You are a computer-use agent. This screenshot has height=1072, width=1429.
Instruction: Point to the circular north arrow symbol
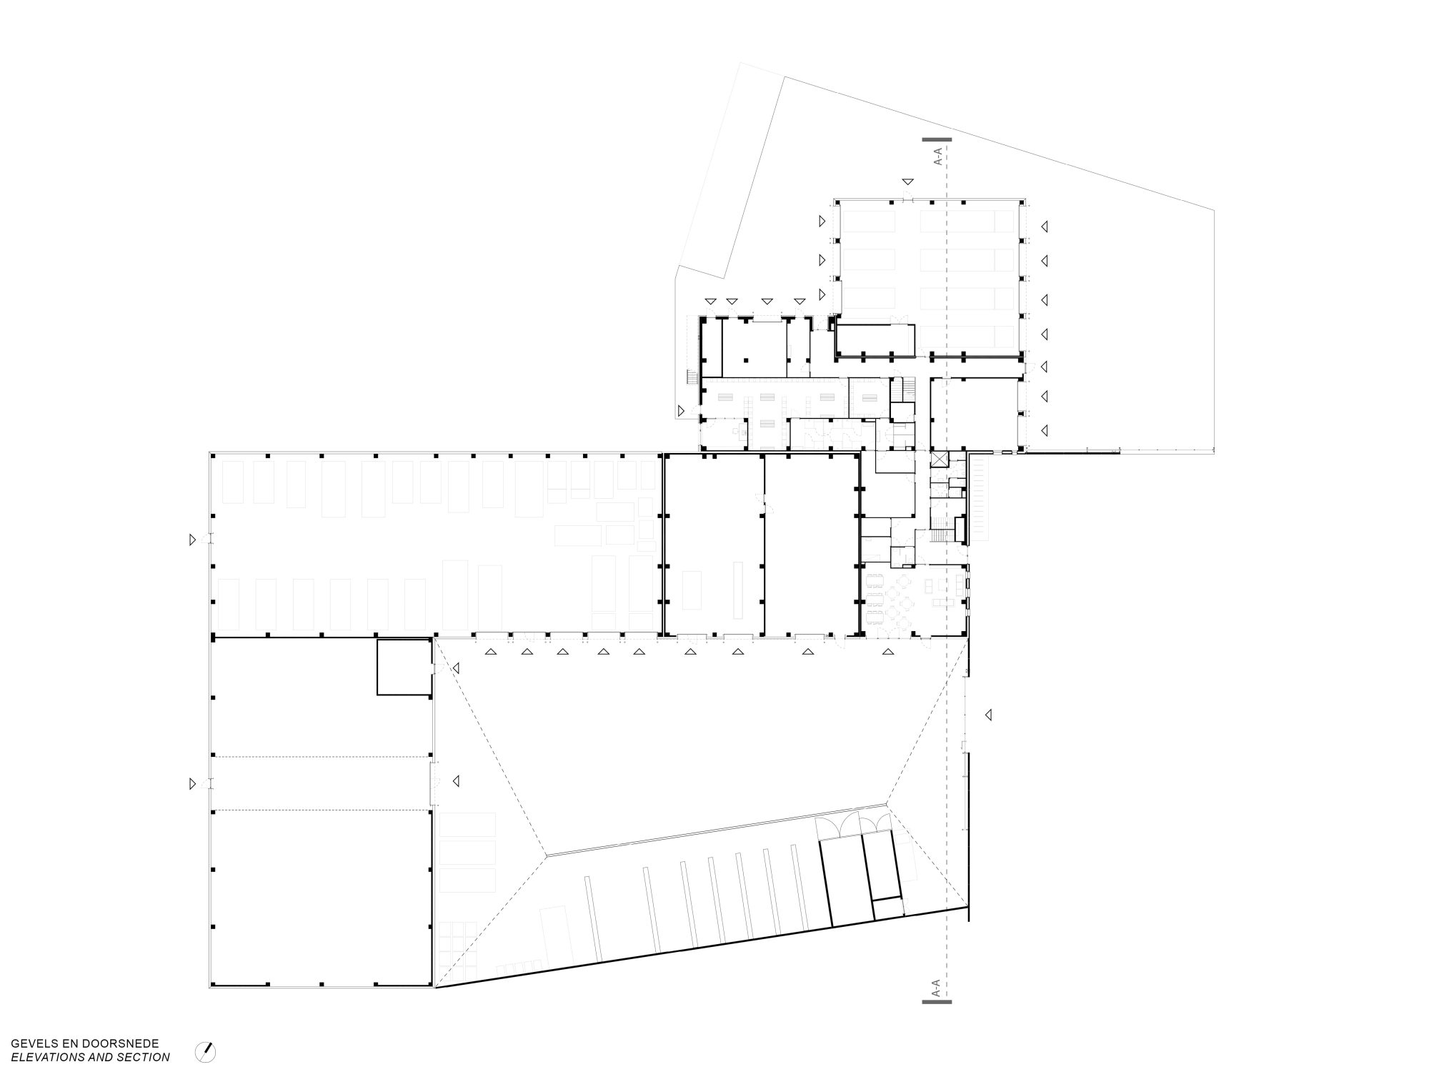pyautogui.click(x=206, y=1051)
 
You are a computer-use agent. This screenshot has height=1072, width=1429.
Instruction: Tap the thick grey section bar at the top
pyautogui.click(x=937, y=139)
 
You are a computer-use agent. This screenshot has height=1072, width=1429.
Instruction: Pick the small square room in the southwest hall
pyautogui.click(x=404, y=667)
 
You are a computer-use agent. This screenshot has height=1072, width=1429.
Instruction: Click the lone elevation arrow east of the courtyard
pyautogui.click(x=989, y=714)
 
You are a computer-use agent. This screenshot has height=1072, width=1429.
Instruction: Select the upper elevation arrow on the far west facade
pyautogui.click(x=192, y=540)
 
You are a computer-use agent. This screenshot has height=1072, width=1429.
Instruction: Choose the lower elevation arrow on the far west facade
pyautogui.click(x=192, y=784)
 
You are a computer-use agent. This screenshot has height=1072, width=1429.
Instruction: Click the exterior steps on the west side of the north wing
pyautogui.click(x=691, y=377)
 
